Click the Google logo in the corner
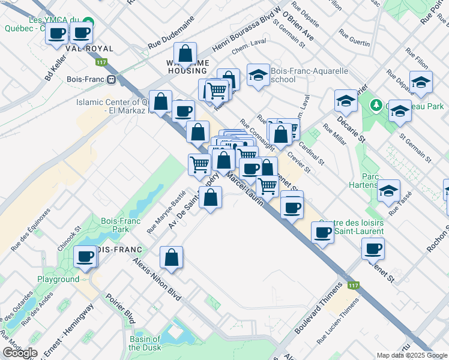click(x=20, y=353)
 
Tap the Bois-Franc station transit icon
click(x=111, y=79)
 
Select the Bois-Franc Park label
click(x=116, y=225)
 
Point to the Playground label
click(x=58, y=279)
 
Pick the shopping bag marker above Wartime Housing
click(x=185, y=54)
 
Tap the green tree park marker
click(x=376, y=105)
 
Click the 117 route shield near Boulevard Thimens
click(x=352, y=286)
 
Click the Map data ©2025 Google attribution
click(x=412, y=355)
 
